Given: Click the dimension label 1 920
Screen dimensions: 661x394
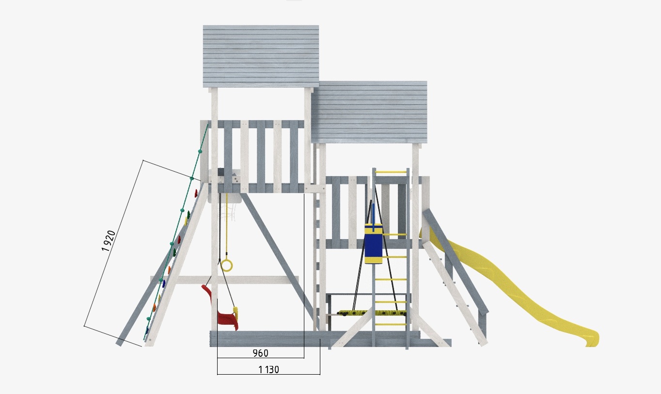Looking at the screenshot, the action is [108, 241].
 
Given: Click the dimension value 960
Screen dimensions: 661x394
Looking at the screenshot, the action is [261, 353].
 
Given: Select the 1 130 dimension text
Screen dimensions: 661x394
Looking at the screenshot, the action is [268, 369].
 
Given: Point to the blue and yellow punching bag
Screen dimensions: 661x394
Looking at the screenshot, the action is [373, 243].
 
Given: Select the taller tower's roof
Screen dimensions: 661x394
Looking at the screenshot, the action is [261, 56].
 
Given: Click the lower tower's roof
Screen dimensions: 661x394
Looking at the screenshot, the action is [369, 112].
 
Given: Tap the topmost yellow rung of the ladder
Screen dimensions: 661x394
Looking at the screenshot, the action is [391, 172].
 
